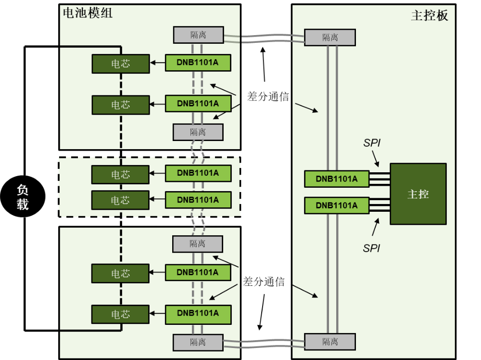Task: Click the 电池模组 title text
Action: point(88,13)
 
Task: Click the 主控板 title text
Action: point(429,15)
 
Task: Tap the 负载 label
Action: point(23,197)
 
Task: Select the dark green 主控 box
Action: point(418,194)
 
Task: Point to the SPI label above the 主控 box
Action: point(372,143)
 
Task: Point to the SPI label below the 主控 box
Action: point(371,248)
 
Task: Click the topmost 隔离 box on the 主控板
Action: point(330,37)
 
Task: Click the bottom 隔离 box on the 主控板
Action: point(330,342)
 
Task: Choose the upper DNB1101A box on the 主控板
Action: point(337,179)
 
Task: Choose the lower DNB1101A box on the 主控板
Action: point(337,206)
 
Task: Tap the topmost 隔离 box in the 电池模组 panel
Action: point(198,35)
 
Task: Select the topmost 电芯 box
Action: point(121,64)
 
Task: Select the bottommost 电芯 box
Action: point(121,314)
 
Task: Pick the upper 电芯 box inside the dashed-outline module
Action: point(120,174)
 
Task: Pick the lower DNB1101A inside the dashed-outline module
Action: point(198,200)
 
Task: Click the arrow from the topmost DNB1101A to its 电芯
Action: point(157,63)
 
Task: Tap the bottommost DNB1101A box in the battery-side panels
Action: point(198,314)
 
